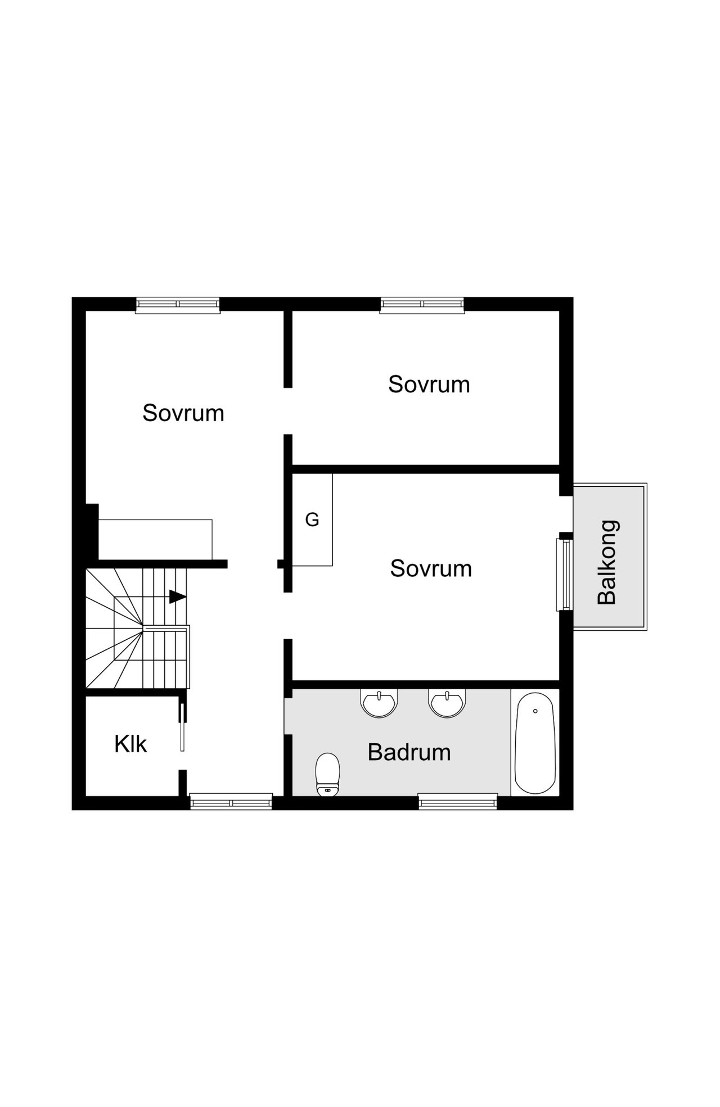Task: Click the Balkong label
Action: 608,562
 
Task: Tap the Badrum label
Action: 409,752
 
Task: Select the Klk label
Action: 130,744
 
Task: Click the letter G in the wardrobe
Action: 312,519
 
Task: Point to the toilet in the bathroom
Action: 328,775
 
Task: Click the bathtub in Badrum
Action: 535,743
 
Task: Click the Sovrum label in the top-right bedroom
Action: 429,385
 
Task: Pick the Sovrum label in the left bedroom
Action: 183,413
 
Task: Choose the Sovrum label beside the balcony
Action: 431,569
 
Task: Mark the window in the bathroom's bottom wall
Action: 458,801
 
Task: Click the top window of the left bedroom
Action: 178,304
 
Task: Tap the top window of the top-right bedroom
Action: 422,304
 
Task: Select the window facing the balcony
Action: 564,575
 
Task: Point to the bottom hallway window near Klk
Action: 231,801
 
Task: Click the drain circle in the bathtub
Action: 535,711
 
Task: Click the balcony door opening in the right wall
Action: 566,514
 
